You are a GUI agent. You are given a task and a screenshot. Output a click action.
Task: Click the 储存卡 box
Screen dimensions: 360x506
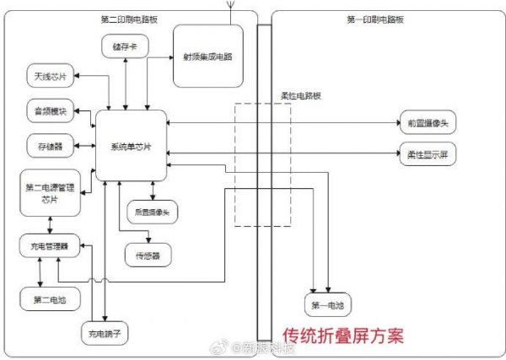[x=125, y=48]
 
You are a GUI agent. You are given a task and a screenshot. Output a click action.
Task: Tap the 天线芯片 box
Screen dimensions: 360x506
[x=50, y=78]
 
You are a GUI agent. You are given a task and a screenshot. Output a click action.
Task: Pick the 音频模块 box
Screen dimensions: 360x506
[x=50, y=110]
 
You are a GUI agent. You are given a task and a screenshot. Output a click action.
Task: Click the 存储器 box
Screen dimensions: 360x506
[x=50, y=144]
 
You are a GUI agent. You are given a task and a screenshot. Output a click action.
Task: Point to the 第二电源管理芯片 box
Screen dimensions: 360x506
[x=50, y=191]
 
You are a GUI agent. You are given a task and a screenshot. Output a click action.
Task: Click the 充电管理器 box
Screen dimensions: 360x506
[x=50, y=246]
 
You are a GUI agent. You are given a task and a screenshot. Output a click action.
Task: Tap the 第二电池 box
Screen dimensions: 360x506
[x=50, y=298]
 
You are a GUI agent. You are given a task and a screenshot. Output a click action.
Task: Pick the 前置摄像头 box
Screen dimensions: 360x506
[x=432, y=124]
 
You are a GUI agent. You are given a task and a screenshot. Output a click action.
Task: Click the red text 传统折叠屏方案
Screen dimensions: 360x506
[x=342, y=335]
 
